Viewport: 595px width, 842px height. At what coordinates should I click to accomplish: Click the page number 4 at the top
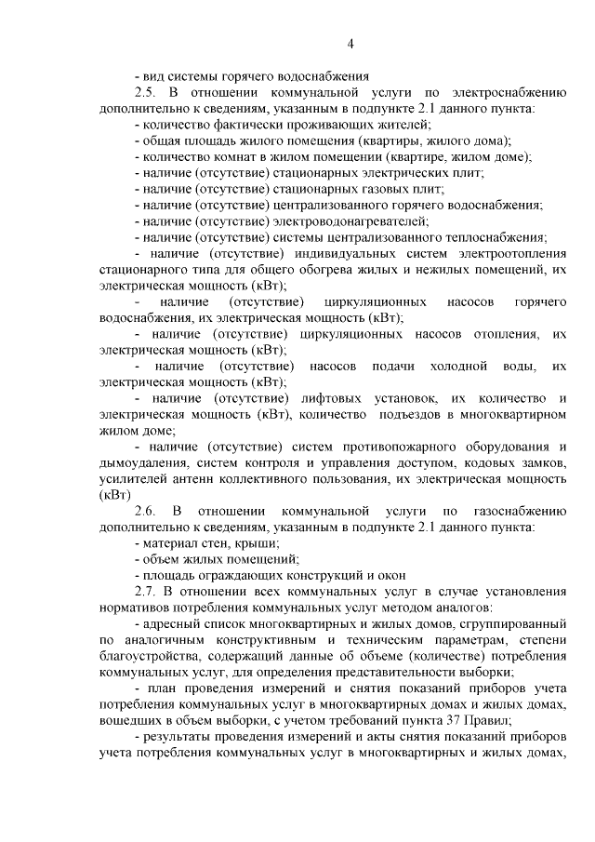pos(350,44)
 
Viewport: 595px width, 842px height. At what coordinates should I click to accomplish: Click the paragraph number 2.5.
pos(148,93)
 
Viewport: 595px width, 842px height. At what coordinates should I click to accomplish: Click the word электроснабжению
pos(511,93)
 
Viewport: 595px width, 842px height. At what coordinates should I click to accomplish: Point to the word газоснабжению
pos(518,512)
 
